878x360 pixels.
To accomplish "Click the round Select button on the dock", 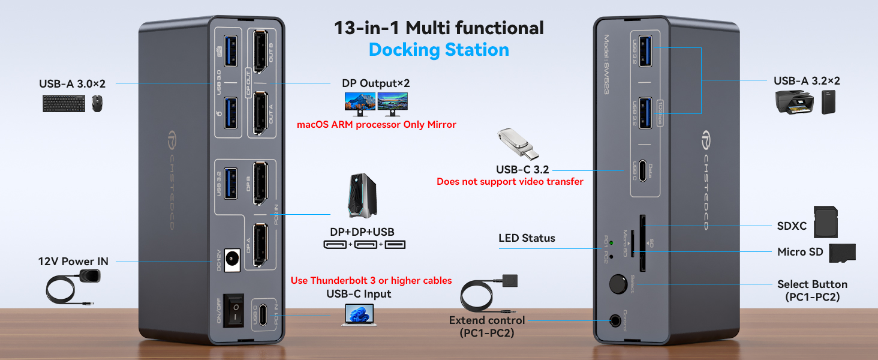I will pos(616,284).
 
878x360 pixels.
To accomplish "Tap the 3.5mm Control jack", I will pos(615,321).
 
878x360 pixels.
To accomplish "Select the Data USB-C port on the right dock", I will pos(643,170).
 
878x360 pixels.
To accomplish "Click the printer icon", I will pos(792,103).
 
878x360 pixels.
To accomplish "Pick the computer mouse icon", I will pos(97,104).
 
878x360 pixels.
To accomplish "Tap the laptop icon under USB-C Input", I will pos(359,314).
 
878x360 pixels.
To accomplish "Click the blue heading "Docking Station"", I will pos(438,50).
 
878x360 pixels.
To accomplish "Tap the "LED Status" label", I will pos(527,238).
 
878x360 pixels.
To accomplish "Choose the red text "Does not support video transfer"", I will pos(510,182).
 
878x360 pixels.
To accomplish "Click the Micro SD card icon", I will pos(842,253).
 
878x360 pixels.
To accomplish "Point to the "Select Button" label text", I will pos(812,284).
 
